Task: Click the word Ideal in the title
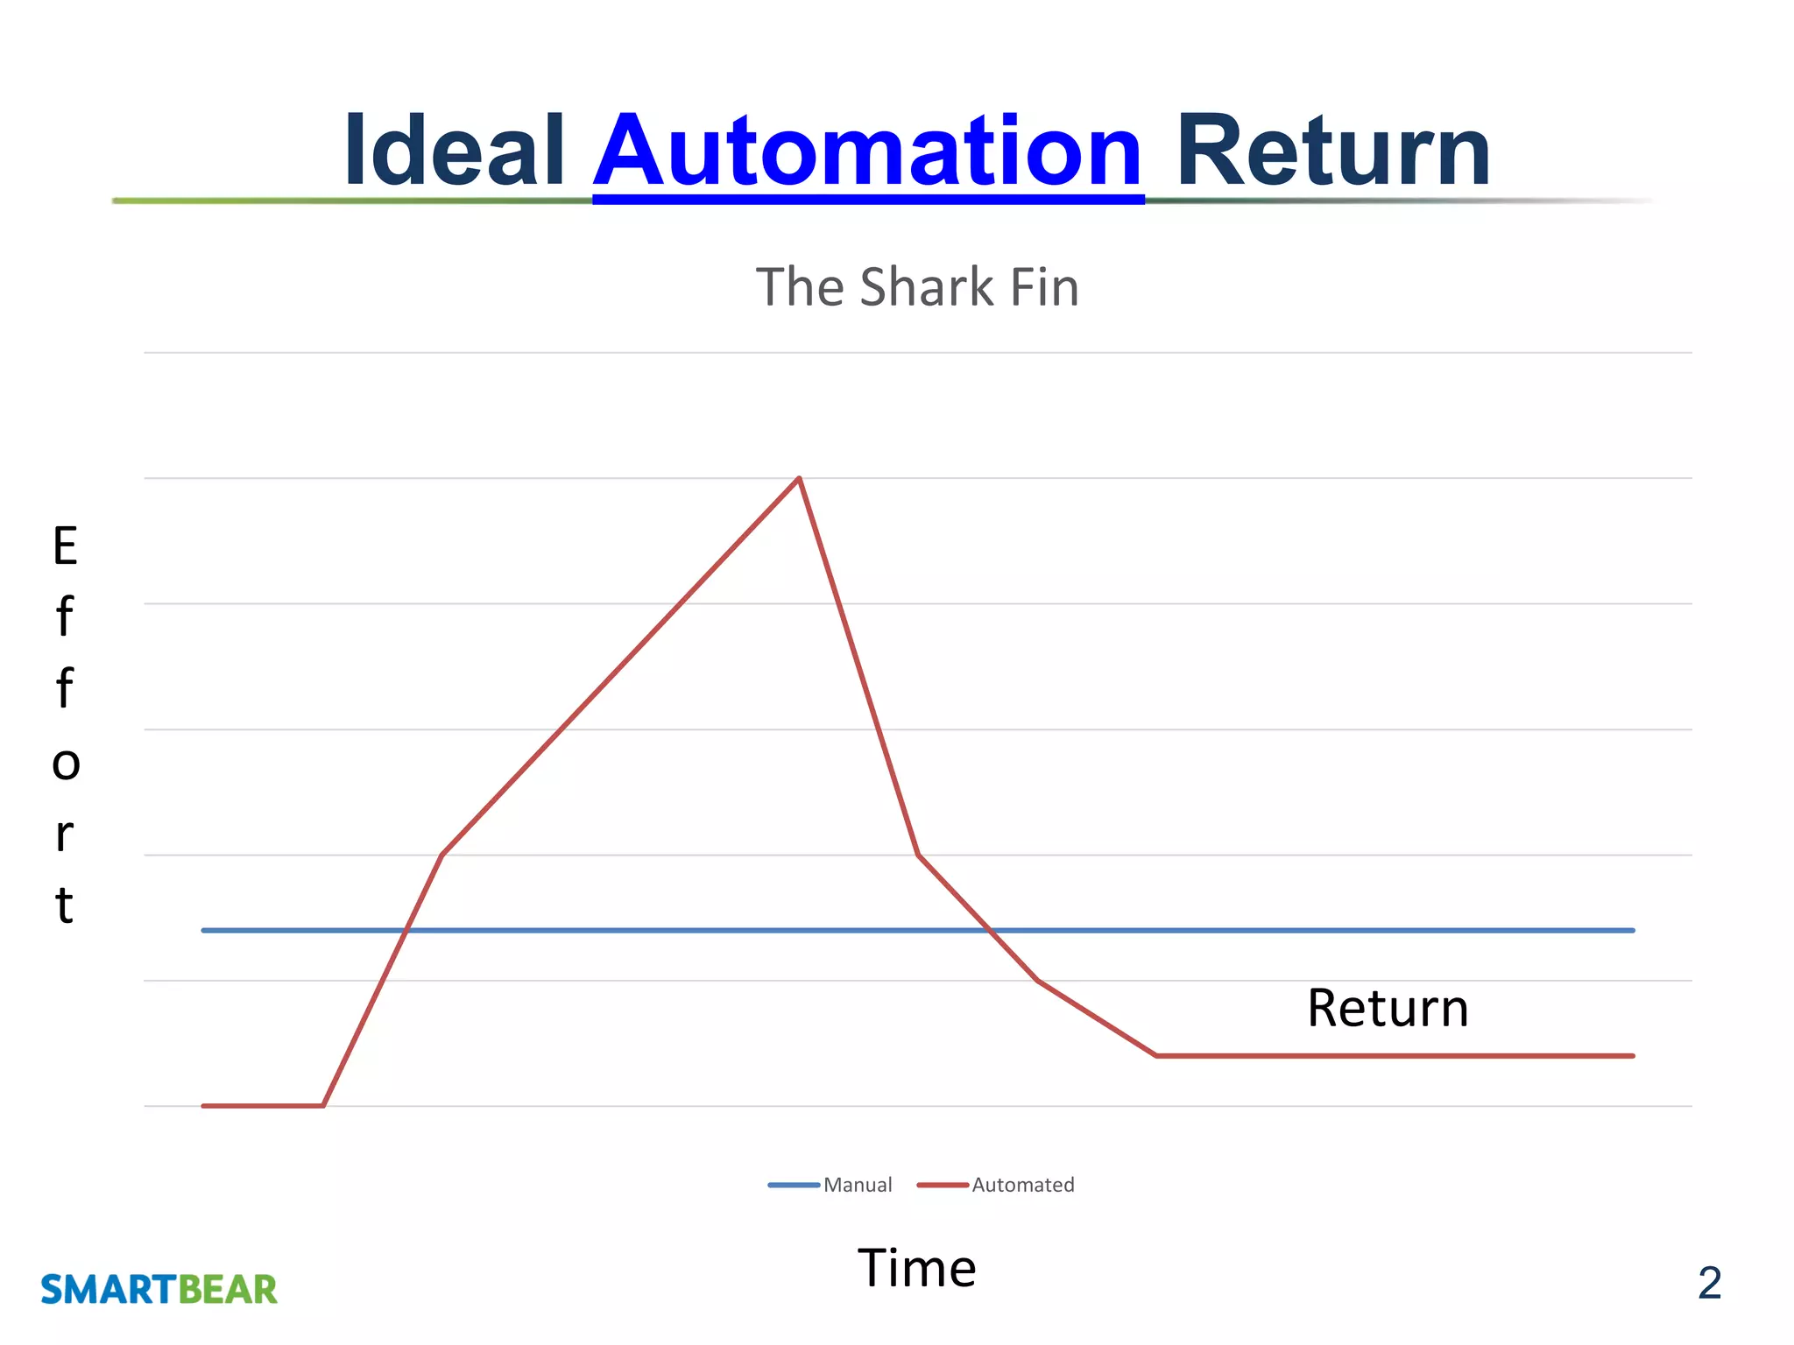(454, 151)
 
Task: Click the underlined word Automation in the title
(867, 151)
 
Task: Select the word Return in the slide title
(1332, 151)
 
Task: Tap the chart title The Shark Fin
(917, 287)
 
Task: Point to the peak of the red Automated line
(799, 478)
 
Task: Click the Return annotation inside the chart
(1388, 1008)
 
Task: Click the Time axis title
(916, 1268)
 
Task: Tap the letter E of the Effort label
(65, 546)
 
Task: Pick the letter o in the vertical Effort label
(66, 763)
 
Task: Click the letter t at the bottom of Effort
(64, 905)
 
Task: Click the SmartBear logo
(159, 1290)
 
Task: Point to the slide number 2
(1709, 1284)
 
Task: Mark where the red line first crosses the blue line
(406, 930)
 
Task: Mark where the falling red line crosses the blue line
(989, 930)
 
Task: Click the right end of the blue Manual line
(1633, 930)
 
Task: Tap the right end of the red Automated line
(1633, 1056)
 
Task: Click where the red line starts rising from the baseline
(323, 1106)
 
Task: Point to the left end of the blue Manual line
(204, 930)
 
